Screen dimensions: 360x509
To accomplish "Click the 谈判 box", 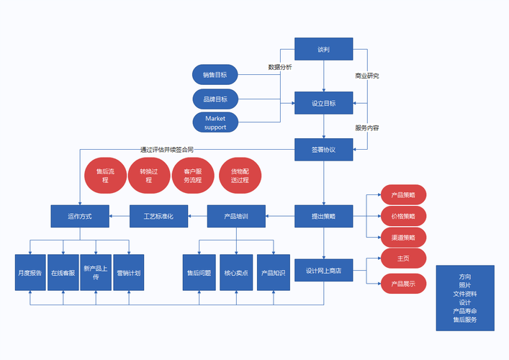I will pyautogui.click(x=323, y=49).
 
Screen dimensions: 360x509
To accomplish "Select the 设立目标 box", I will pyautogui.click(x=323, y=103).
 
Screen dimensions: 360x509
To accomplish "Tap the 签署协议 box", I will pyautogui.click(x=323, y=150).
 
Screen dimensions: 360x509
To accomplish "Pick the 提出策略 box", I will pyautogui.click(x=323, y=216).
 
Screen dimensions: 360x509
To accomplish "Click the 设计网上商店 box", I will pyautogui.click(x=323, y=271).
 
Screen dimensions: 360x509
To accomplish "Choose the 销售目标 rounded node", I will pyautogui.click(x=215, y=74).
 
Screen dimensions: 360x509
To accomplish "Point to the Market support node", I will pyautogui.click(x=215, y=122).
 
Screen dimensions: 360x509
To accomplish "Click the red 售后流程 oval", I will pyautogui.click(x=105, y=176).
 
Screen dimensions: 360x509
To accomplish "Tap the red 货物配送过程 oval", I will pyautogui.click(x=240, y=176).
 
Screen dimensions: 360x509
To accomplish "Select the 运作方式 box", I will pyautogui.click(x=80, y=216).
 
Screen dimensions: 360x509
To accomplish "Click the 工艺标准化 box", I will pyautogui.click(x=159, y=216).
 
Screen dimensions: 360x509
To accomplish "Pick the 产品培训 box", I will pyautogui.click(x=236, y=216).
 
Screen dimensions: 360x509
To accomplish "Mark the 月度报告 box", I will pyautogui.click(x=30, y=273).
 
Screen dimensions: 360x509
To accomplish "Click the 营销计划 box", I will pyautogui.click(x=129, y=273).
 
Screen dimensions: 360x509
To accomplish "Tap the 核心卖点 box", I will pyautogui.click(x=236, y=273).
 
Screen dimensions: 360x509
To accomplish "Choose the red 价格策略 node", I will pyautogui.click(x=403, y=216).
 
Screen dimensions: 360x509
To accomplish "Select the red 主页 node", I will pyautogui.click(x=403, y=258).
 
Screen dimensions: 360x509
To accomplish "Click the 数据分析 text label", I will pyautogui.click(x=280, y=67).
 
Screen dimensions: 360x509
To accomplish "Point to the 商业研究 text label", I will pyautogui.click(x=367, y=76).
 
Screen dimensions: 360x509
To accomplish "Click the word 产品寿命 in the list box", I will pyautogui.click(x=464, y=311).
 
